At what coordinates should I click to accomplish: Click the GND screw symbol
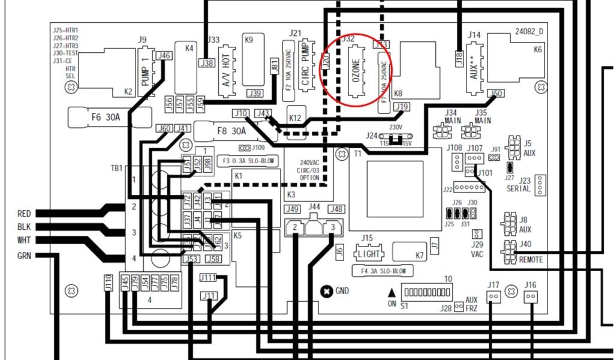point(326,291)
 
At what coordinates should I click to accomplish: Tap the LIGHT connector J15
point(370,253)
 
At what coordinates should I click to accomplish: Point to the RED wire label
point(24,213)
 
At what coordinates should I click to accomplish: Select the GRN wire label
point(24,256)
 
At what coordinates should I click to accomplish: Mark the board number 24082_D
point(528,31)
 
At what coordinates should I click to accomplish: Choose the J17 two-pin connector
point(493,296)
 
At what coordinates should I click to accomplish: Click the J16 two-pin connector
point(530,296)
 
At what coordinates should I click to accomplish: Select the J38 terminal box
point(206,63)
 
